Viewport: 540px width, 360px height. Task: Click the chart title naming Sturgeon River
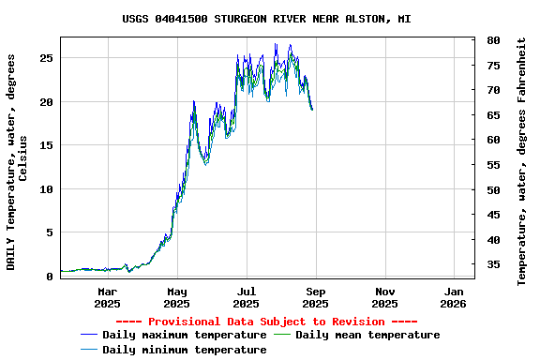pyautogui.click(x=266, y=19)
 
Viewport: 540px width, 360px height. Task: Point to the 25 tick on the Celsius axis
pyautogui.click(x=46, y=58)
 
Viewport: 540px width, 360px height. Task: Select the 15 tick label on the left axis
pyautogui.click(x=46, y=145)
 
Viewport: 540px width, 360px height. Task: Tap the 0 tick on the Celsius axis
pyautogui.click(x=50, y=277)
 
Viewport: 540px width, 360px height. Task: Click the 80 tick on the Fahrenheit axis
pyautogui.click(x=493, y=41)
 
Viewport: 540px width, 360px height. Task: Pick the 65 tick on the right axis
pyautogui.click(x=493, y=115)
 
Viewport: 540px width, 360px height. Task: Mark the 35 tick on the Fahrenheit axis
pyautogui.click(x=493, y=265)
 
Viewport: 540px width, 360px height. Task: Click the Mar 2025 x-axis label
pyautogui.click(x=107, y=297)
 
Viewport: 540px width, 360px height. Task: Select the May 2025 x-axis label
pyautogui.click(x=176, y=297)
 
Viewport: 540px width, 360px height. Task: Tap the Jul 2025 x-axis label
pyautogui.click(x=246, y=297)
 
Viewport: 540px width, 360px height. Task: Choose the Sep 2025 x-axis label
pyautogui.click(x=315, y=297)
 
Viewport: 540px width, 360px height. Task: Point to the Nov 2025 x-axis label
pyautogui.click(x=384, y=297)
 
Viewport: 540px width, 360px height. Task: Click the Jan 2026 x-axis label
pyautogui.click(x=454, y=297)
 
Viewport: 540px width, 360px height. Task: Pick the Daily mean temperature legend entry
pyautogui.click(x=367, y=335)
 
